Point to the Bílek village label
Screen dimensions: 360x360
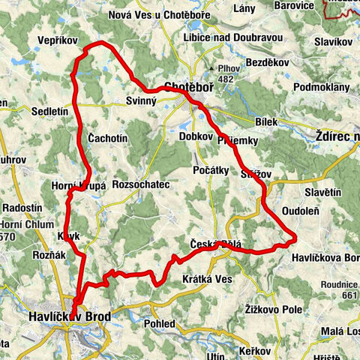click(x=266, y=121)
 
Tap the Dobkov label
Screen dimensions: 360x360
click(x=196, y=136)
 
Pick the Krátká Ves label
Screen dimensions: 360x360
click(x=208, y=279)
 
